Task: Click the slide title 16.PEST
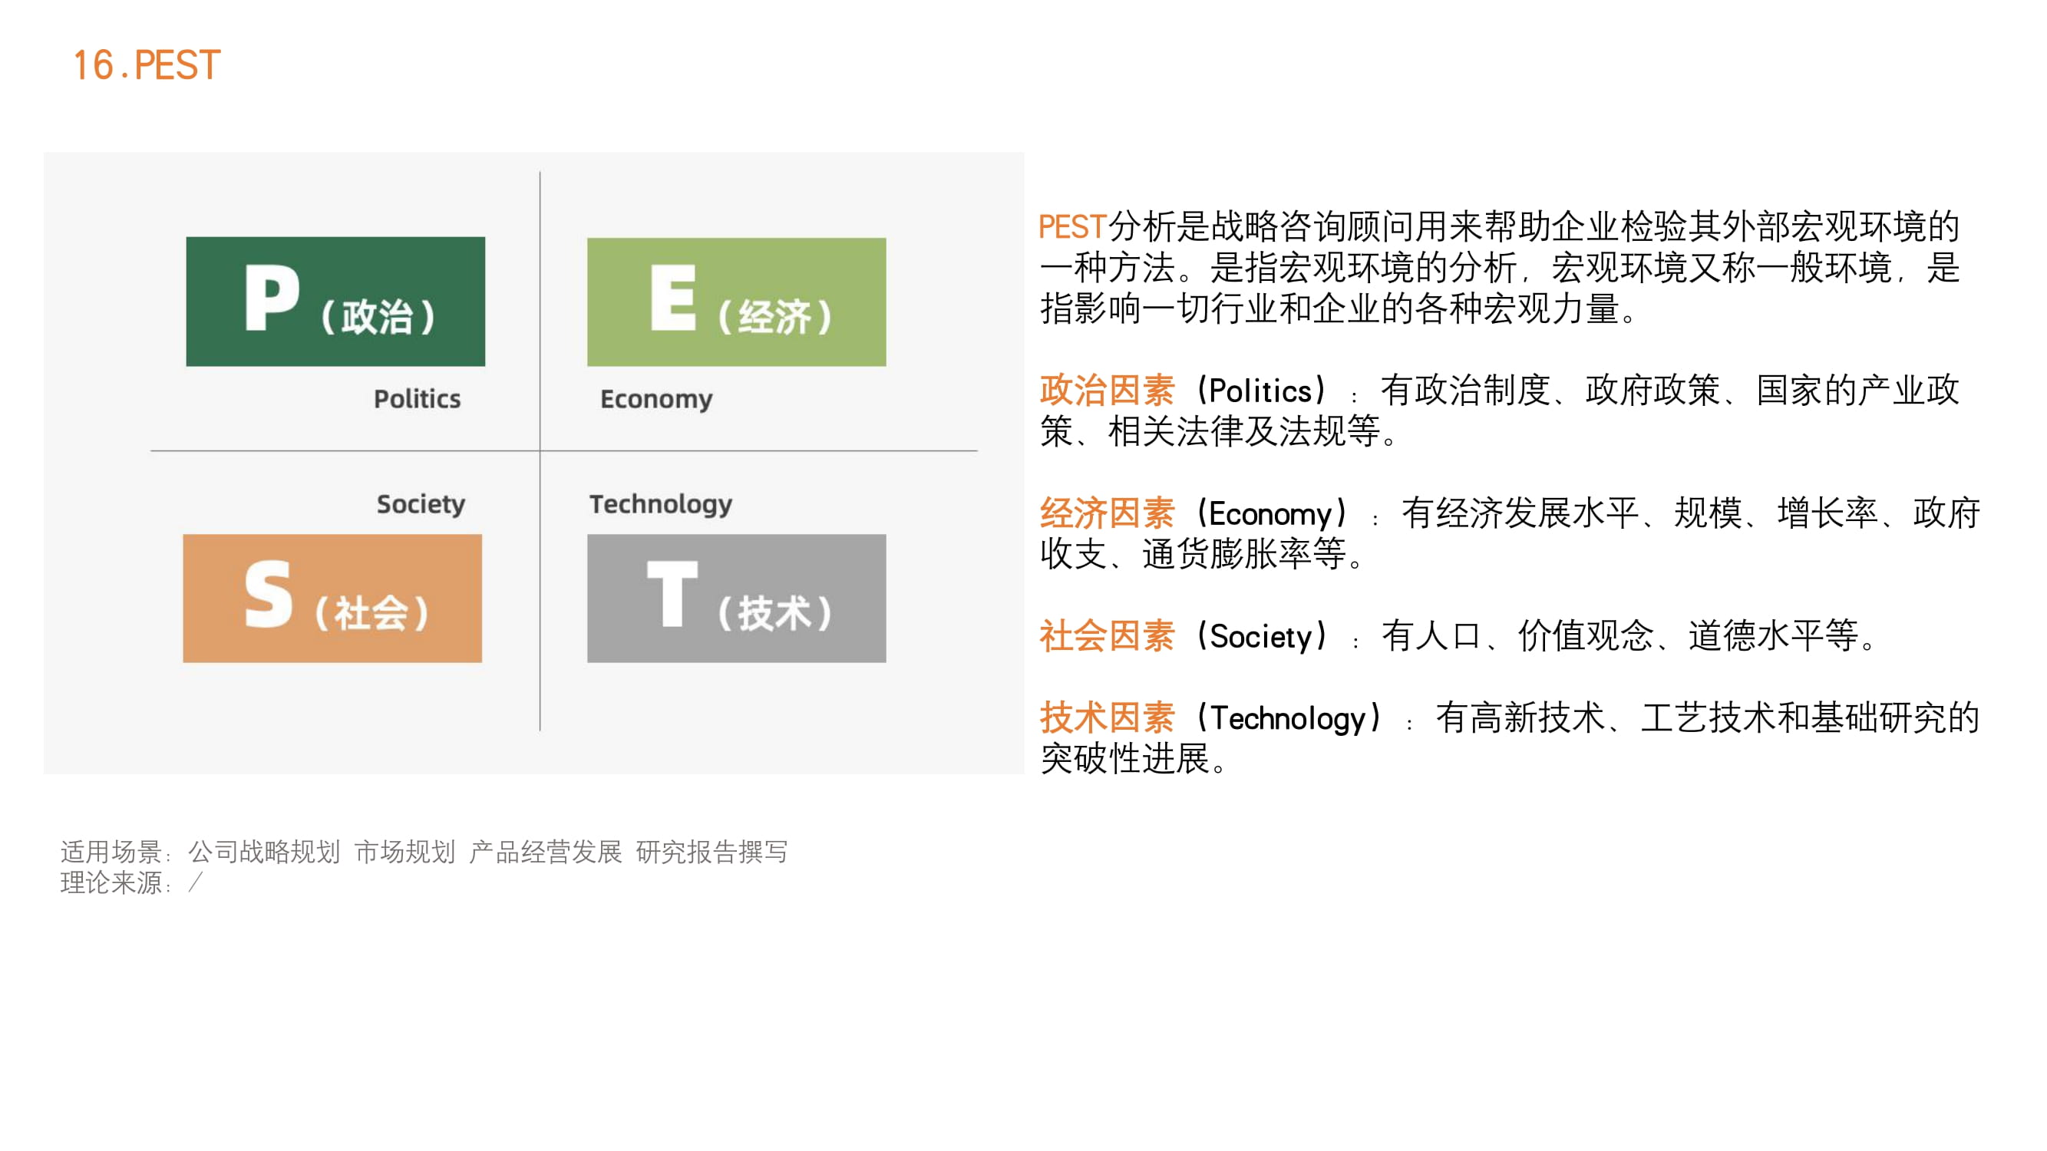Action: pyautogui.click(x=146, y=65)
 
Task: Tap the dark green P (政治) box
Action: pyautogui.click(x=335, y=301)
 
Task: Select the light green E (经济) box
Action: pyautogui.click(x=737, y=302)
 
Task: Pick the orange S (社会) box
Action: pyautogui.click(x=332, y=599)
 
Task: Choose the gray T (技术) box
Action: pyautogui.click(x=737, y=599)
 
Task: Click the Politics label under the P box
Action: pyautogui.click(x=418, y=399)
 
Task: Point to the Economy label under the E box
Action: pyautogui.click(x=656, y=400)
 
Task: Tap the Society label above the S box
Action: pyautogui.click(x=421, y=504)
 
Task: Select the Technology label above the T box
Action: pyautogui.click(x=660, y=504)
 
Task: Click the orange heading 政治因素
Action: pyautogui.click(x=1107, y=391)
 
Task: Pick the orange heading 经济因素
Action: pyautogui.click(x=1107, y=513)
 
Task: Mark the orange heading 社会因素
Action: pyautogui.click(x=1107, y=636)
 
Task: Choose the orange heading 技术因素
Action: pyautogui.click(x=1107, y=718)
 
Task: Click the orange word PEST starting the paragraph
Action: pyautogui.click(x=1073, y=227)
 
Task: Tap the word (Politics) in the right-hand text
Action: pyautogui.click(x=1261, y=391)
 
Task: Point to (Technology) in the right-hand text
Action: pyautogui.click(x=1289, y=718)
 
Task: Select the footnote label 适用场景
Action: pyautogui.click(x=111, y=852)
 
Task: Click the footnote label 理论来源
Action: pyautogui.click(x=111, y=882)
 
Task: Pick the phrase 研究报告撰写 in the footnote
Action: pyautogui.click(x=712, y=852)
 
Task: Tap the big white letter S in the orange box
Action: pyautogui.click(x=269, y=594)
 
